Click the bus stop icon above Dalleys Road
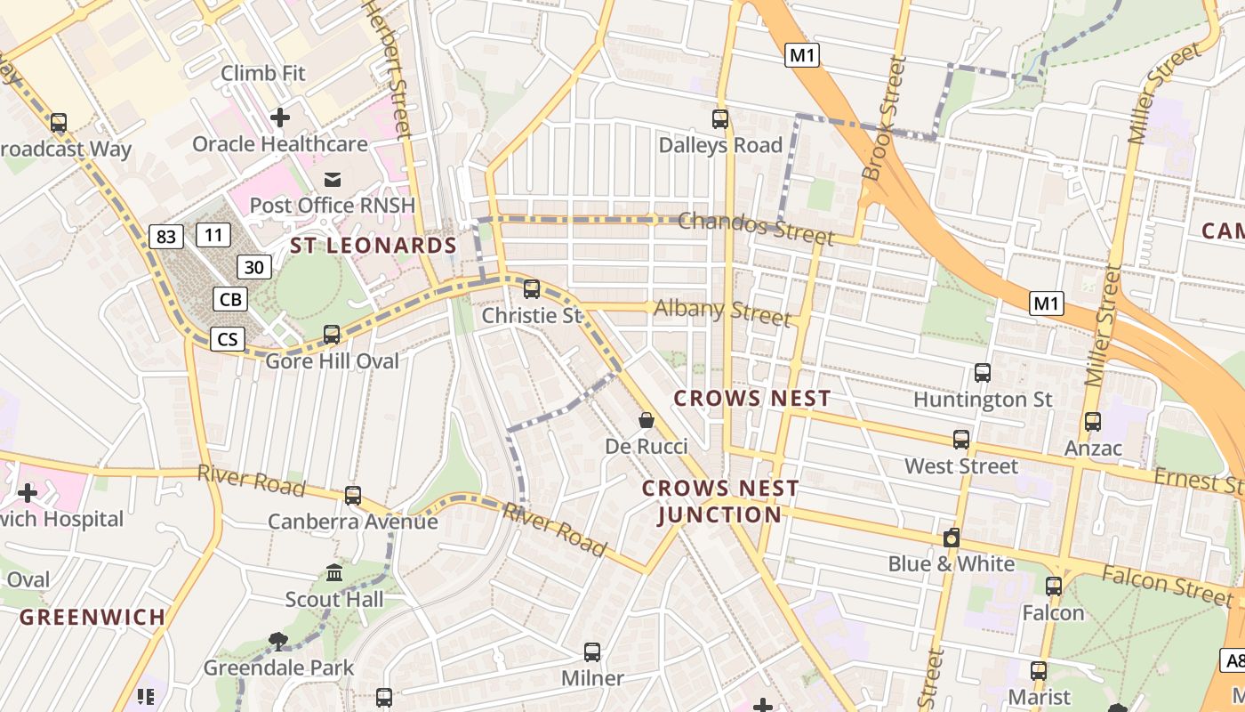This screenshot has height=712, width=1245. [x=720, y=118]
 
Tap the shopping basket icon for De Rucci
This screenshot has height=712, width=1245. [x=647, y=419]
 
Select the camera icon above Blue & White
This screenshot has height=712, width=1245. [x=952, y=538]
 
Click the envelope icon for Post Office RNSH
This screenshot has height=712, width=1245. [x=332, y=179]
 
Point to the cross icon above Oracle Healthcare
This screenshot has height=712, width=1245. [x=280, y=117]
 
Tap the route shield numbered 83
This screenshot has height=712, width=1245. [x=166, y=236]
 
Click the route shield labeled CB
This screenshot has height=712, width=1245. [x=230, y=299]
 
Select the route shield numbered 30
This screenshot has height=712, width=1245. [x=254, y=266]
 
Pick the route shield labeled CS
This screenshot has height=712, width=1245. [x=228, y=338]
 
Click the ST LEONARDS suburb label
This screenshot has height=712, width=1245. [x=373, y=246]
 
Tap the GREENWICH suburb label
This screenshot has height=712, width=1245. [x=92, y=617]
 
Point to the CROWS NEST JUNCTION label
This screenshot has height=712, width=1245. [x=720, y=501]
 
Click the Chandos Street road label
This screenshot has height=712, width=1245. [x=756, y=227]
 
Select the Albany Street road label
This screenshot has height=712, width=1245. [x=722, y=311]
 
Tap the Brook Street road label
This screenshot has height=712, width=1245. [x=884, y=118]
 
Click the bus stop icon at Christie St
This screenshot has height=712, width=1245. [x=532, y=288]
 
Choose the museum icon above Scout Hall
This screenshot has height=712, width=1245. [x=334, y=572]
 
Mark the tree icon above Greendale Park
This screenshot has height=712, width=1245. [x=278, y=641]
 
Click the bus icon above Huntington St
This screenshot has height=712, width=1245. [x=983, y=372]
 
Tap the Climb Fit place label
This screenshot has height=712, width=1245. [x=263, y=73]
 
